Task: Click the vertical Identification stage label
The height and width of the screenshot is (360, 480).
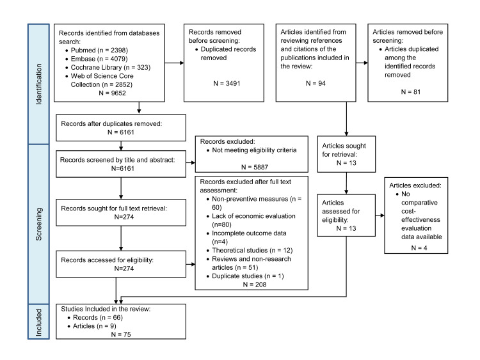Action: pyautogui.click(x=38, y=84)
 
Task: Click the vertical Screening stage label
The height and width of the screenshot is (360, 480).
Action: pyautogui.click(x=38, y=224)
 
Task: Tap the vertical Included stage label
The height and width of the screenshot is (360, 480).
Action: pyautogui.click(x=38, y=322)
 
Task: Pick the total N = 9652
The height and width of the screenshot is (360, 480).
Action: pyautogui.click(x=113, y=93)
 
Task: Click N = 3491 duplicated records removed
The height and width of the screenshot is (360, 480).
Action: pyautogui.click(x=227, y=83)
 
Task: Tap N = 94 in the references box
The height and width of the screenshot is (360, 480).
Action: pyautogui.click(x=316, y=83)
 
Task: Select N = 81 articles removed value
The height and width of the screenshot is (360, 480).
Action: pyautogui.click(x=411, y=92)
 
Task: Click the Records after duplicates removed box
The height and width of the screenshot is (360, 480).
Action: pyautogui.click(x=121, y=128)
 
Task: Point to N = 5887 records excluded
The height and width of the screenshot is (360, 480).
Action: pyautogui.click(x=255, y=167)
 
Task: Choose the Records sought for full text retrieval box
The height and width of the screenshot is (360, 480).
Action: pyautogui.click(x=121, y=212)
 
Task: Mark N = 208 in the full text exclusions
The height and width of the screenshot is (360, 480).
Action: pyautogui.click(x=255, y=285)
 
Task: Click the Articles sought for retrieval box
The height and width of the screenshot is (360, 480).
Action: pyautogui.click(x=346, y=154)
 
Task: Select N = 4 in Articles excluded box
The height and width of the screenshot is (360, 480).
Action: pyautogui.click(x=419, y=247)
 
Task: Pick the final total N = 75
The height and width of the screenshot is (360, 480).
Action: pyautogui.click(x=121, y=334)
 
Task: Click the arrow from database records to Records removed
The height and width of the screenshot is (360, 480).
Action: pyautogui.click(x=175, y=63)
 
